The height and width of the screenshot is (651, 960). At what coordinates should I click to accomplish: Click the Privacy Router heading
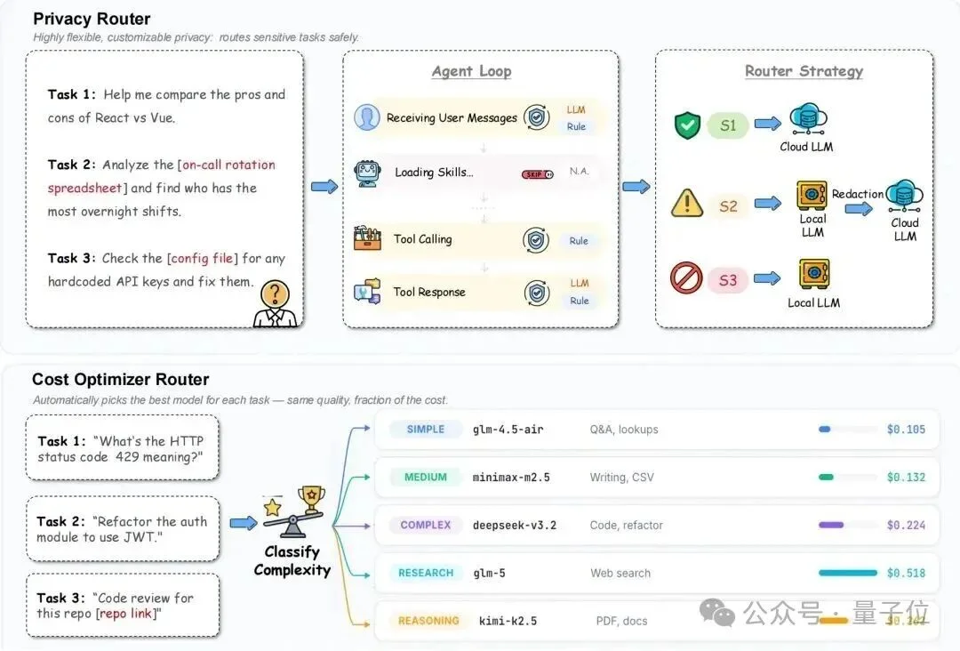point(92,19)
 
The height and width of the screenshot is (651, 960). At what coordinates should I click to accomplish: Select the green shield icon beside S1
point(686,125)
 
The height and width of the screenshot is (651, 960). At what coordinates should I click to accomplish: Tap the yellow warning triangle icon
point(687,204)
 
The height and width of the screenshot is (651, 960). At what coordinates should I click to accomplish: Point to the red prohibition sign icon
point(687,279)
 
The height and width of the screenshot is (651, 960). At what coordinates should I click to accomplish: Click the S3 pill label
point(728,280)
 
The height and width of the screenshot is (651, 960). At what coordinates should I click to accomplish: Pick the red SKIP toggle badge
point(537,174)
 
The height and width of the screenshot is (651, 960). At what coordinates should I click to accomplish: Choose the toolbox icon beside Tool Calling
point(367,238)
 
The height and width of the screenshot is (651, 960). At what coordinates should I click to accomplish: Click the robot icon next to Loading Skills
point(367,173)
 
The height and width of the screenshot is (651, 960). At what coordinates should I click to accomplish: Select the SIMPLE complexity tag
point(426,430)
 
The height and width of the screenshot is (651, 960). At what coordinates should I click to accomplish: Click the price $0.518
point(906,573)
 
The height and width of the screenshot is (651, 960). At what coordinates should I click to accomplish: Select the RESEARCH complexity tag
point(426,573)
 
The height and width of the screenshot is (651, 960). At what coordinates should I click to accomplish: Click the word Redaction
point(858,194)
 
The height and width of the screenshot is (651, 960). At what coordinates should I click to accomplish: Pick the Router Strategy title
point(804,71)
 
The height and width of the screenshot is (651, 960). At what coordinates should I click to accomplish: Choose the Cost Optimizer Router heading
point(121,380)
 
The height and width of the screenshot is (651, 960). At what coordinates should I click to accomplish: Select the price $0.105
point(906,430)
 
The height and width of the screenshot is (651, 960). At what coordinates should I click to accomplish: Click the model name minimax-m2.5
point(510,478)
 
